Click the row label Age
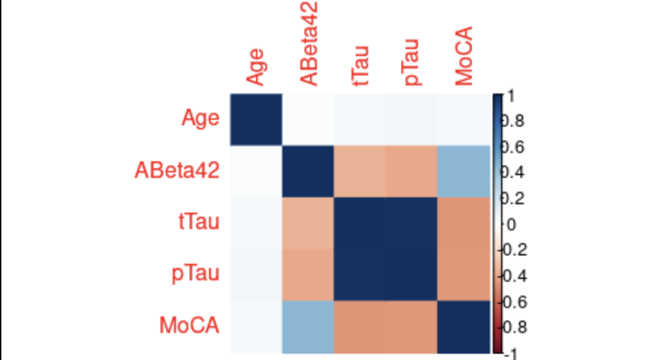(x=200, y=119)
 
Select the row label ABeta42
(x=176, y=170)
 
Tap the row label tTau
(x=197, y=222)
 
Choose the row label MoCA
(x=190, y=325)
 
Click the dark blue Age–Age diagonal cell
(x=255, y=119)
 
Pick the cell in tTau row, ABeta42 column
(x=307, y=222)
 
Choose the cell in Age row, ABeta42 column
(x=307, y=119)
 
